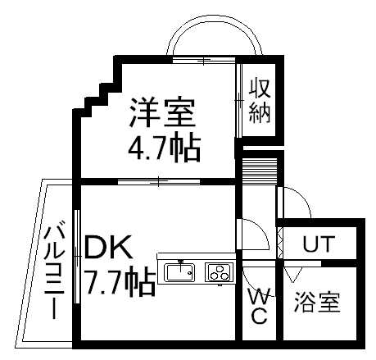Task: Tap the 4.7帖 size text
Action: click(x=165, y=147)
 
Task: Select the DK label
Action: click(x=109, y=248)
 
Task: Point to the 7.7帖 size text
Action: click(x=120, y=280)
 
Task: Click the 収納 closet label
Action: click(x=260, y=100)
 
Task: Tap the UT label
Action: click(x=319, y=244)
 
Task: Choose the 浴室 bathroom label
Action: click(x=317, y=303)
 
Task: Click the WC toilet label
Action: click(x=258, y=306)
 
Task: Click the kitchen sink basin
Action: click(x=179, y=272)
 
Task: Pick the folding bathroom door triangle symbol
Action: click(x=292, y=275)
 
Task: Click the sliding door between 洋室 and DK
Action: click(x=159, y=181)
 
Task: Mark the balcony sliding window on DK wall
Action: click(x=77, y=257)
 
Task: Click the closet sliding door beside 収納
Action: click(x=239, y=101)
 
